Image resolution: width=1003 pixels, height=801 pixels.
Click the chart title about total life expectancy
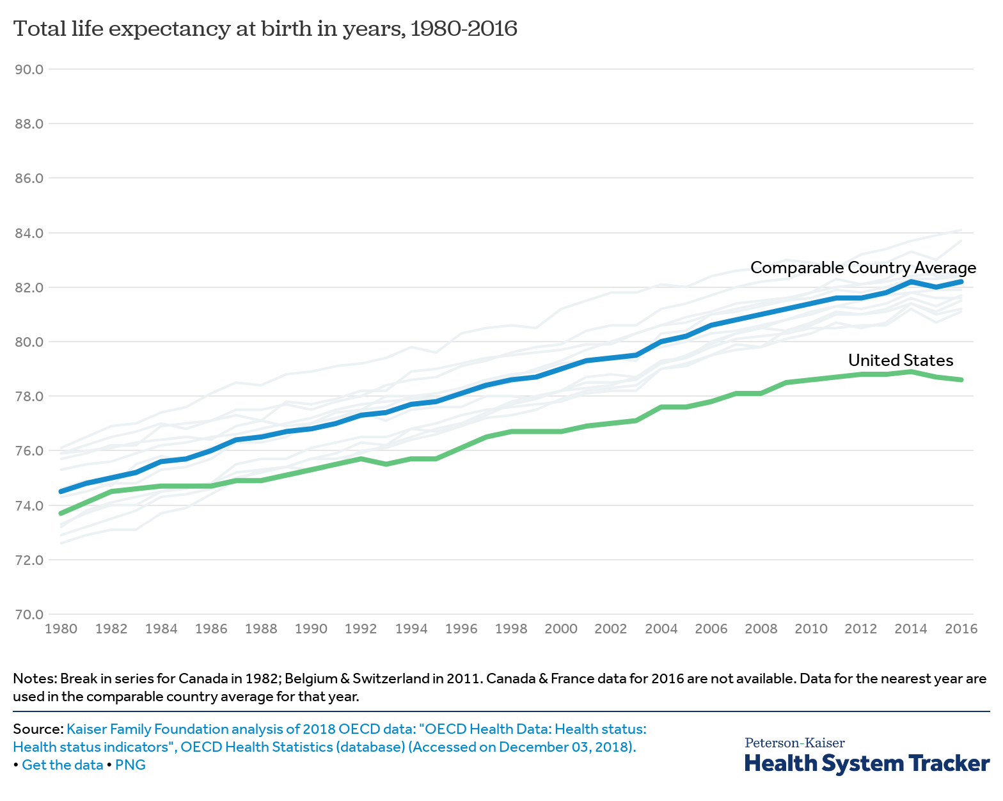click(x=265, y=29)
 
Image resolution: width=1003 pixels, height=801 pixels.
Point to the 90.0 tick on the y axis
click(x=28, y=69)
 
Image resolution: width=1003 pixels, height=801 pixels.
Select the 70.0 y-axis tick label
click(x=28, y=615)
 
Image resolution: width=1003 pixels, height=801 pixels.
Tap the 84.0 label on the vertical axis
click(x=28, y=233)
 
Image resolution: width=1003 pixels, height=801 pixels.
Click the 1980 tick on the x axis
click(x=61, y=629)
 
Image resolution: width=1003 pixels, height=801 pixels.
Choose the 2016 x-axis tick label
click(x=961, y=629)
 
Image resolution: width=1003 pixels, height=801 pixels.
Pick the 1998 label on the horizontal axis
click(x=511, y=629)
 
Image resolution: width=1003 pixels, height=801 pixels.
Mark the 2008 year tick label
click(x=761, y=629)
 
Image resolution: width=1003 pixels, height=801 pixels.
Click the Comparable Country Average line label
click(x=863, y=267)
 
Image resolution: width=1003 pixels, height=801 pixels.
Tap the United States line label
click(x=901, y=360)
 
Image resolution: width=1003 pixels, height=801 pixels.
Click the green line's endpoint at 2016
click(x=961, y=380)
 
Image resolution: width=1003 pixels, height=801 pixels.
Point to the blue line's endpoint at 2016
click(x=961, y=282)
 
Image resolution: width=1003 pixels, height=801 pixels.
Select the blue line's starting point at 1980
click(x=61, y=491)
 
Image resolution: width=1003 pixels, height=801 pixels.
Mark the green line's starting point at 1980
click(x=61, y=513)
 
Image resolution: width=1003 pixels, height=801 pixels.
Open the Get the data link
click(x=63, y=765)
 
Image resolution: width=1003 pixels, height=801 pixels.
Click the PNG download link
click(x=130, y=765)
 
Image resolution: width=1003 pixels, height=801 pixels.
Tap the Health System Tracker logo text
click(x=867, y=764)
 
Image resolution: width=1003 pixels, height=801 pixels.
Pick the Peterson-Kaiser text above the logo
click(x=794, y=743)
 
